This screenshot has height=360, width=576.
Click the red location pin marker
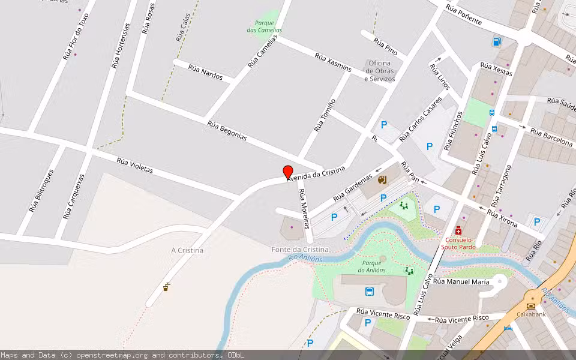point(288,172)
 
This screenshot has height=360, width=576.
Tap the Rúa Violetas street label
point(134,166)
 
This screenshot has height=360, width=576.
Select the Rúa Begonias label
point(227,130)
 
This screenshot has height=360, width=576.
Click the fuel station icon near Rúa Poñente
point(497,41)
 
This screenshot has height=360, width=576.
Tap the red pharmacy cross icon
point(458,230)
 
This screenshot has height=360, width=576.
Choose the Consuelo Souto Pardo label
point(459,243)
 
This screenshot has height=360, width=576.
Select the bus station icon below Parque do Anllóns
point(369,292)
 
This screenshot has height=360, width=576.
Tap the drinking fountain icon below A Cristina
point(166,287)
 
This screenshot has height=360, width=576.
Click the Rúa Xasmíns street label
point(333,62)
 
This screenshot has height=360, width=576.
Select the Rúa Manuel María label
point(461,281)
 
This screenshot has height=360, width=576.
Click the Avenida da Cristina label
point(316,174)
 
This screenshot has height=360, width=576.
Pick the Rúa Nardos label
point(205,73)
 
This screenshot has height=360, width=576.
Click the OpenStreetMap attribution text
point(122,355)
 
